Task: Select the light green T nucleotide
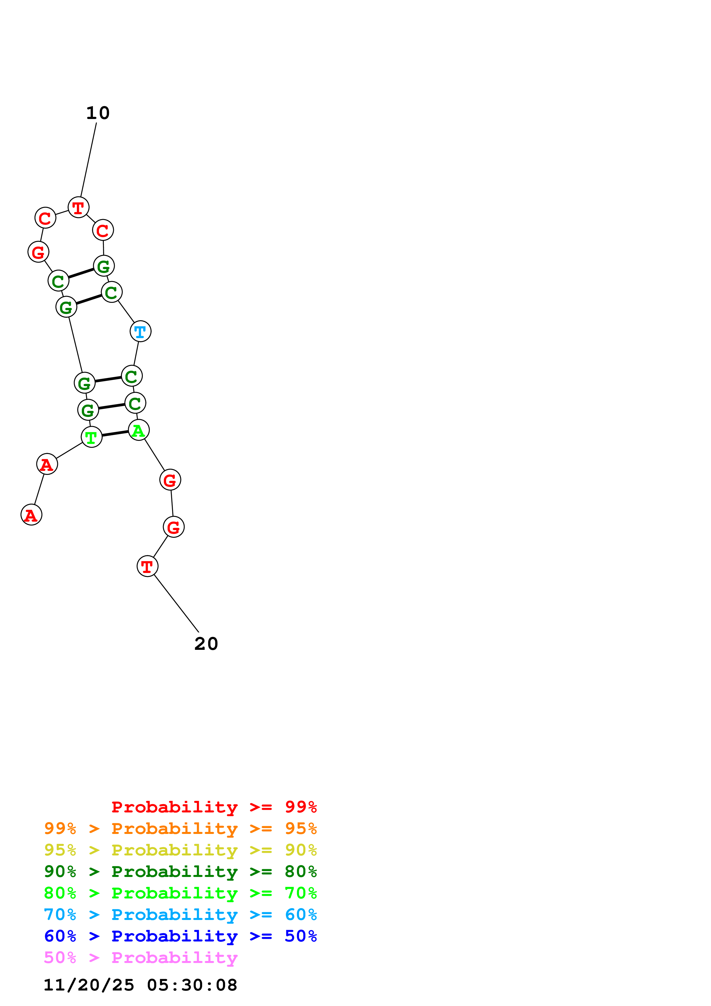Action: point(91,437)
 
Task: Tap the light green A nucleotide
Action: point(139,430)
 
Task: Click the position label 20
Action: point(206,644)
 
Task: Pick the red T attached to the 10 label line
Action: point(78,207)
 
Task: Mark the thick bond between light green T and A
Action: point(115,433)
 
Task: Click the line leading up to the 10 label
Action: point(88,160)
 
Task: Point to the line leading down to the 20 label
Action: point(176,603)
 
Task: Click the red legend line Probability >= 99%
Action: point(214,807)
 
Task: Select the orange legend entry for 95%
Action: point(180,828)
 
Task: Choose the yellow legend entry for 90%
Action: point(180,850)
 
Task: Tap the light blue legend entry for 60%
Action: point(180,915)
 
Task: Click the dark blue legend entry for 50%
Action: point(180,936)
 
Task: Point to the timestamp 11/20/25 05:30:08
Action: point(140,985)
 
